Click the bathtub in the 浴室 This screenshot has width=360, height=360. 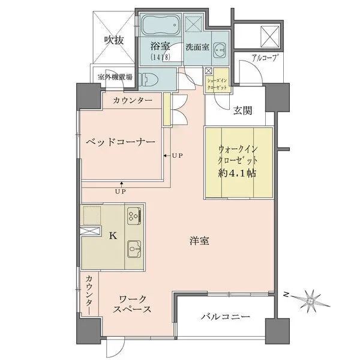(161, 25)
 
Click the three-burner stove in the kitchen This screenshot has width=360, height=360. (134, 216)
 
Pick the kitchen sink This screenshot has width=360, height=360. (134, 249)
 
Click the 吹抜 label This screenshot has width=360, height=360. (114, 40)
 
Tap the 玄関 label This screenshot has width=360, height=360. (242, 110)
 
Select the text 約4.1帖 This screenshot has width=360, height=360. (237, 173)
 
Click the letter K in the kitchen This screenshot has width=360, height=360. (113, 235)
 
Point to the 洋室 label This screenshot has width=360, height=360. (199, 241)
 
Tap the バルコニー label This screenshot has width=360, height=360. (226, 317)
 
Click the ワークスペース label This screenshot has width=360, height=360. (133, 304)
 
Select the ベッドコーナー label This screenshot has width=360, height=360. (121, 142)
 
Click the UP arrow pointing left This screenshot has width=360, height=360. (167, 155)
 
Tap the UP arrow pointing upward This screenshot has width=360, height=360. (121, 185)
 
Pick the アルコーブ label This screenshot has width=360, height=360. (264, 58)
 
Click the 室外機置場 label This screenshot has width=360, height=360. (115, 77)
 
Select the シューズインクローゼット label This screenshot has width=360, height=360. (217, 84)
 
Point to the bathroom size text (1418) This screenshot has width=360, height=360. (160, 57)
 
